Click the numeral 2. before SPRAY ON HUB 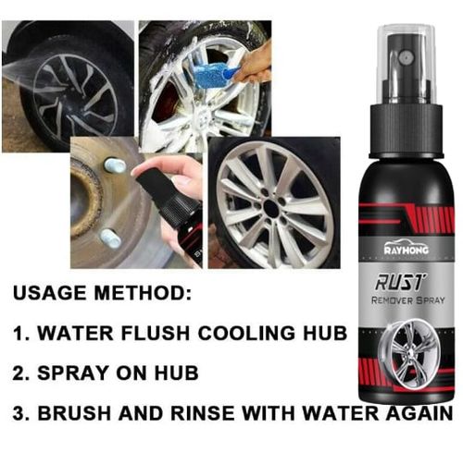click(x=19, y=373)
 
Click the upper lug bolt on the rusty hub click(x=114, y=165)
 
